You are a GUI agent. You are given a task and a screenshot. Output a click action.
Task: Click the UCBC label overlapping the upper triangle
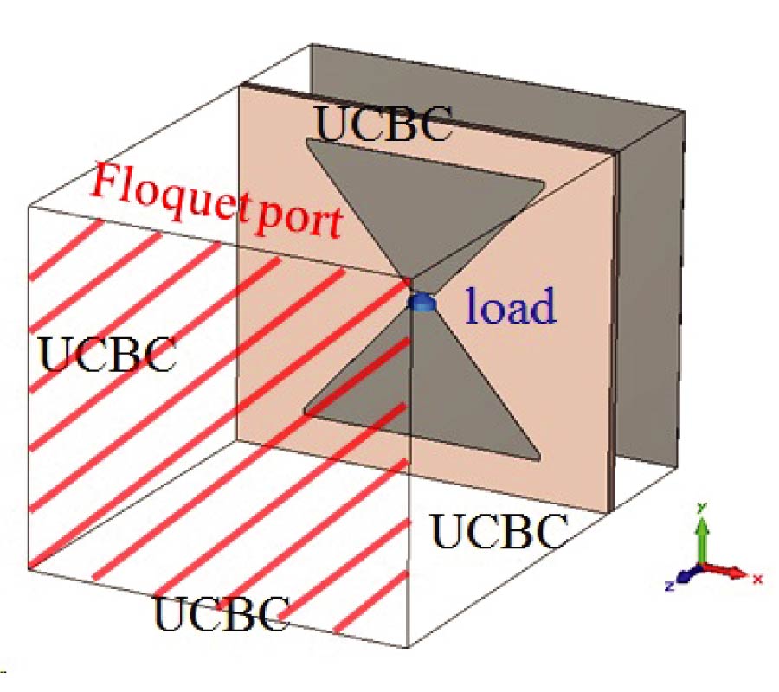(383, 125)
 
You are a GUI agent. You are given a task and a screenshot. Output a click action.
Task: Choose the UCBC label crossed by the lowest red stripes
(221, 612)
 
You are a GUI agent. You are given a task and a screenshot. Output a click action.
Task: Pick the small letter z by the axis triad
(670, 586)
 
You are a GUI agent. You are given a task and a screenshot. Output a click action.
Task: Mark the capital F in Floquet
(107, 182)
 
